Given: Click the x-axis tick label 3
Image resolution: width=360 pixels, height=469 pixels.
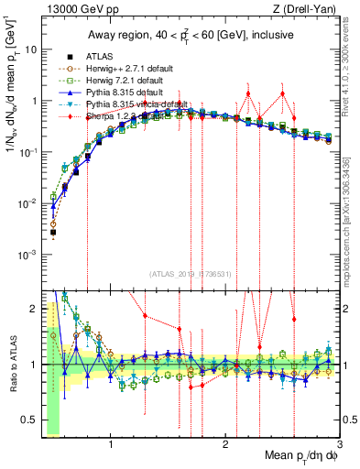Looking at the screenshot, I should (339, 446).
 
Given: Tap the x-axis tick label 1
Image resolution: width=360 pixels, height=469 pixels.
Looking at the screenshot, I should (111, 446).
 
